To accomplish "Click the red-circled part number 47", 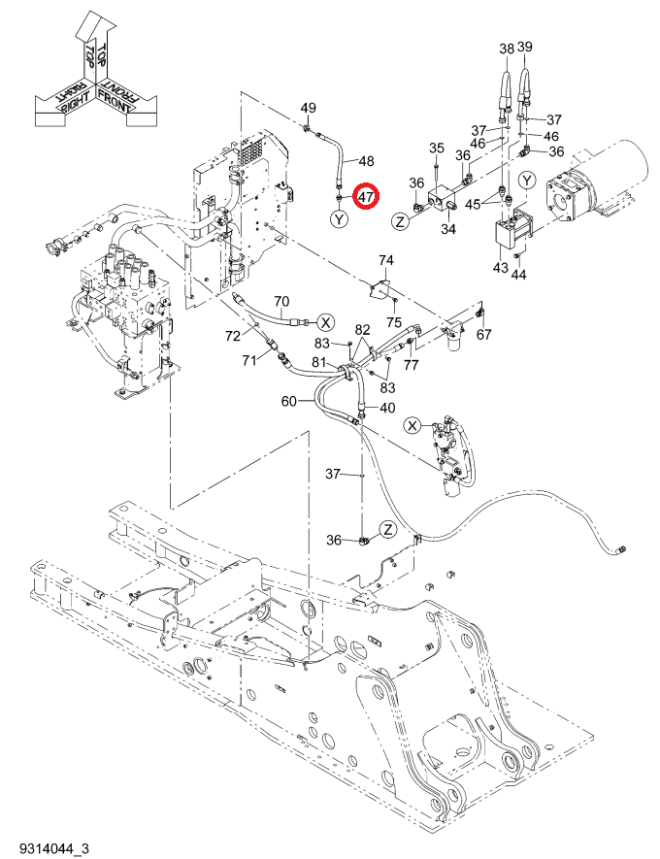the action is (x=365, y=195).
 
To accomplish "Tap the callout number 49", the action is (x=309, y=108).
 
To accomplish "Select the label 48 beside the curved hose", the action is (x=366, y=161).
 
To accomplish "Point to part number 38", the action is (x=507, y=49).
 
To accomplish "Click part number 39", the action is (x=525, y=47).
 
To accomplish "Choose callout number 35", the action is (x=437, y=148).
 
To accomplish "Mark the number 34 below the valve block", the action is (x=448, y=228).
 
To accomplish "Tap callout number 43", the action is (x=501, y=268).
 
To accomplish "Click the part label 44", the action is (x=518, y=274).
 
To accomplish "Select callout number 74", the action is (x=386, y=260).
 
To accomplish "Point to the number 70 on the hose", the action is (x=281, y=301).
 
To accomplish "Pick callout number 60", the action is (x=289, y=402).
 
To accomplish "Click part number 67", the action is (x=484, y=334).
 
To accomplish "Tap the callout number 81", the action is (x=319, y=362).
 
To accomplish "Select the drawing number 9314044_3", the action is (x=53, y=849).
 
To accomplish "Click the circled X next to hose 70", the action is (x=326, y=322).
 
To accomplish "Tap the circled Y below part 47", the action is (x=340, y=219).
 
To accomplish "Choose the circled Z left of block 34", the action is (x=401, y=222).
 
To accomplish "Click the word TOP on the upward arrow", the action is (x=101, y=56).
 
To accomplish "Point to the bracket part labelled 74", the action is (x=379, y=288).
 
